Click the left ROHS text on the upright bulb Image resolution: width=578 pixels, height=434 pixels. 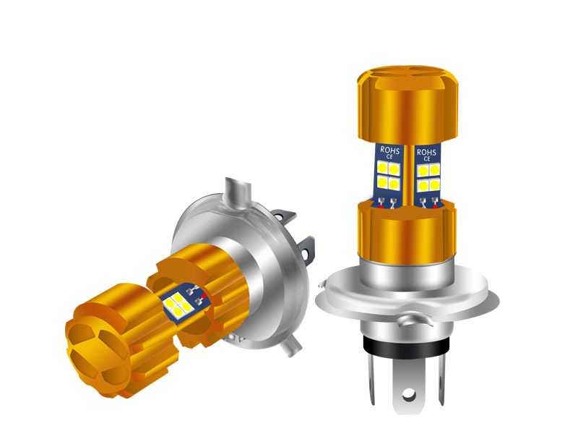pyautogui.click(x=389, y=150)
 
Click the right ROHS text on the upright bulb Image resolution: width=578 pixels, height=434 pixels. pyautogui.click(x=426, y=152)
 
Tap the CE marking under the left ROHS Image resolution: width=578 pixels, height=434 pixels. pyautogui.click(x=389, y=157)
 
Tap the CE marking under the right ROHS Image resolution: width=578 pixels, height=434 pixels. pyautogui.click(x=427, y=159)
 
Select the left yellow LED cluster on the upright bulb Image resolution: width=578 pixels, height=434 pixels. pyautogui.click(x=389, y=175)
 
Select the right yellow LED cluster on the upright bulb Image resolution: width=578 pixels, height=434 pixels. pyautogui.click(x=428, y=177)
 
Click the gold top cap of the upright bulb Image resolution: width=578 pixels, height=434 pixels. pyautogui.click(x=407, y=105)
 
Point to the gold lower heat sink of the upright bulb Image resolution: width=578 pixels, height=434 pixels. pyautogui.click(x=407, y=232)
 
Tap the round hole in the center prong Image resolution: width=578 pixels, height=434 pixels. pyautogui.click(x=408, y=396)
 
